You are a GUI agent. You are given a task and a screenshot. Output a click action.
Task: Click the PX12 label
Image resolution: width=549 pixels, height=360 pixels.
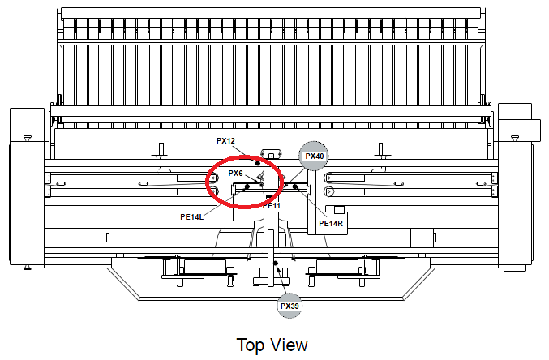(225, 141)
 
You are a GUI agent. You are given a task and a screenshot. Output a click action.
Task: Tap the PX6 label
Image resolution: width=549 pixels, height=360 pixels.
(236, 173)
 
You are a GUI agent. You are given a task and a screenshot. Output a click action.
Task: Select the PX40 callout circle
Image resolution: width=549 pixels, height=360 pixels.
(314, 156)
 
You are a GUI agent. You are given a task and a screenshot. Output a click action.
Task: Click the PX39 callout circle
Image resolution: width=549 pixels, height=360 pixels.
(290, 306)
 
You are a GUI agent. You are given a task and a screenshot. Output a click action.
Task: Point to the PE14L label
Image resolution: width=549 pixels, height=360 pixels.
(192, 216)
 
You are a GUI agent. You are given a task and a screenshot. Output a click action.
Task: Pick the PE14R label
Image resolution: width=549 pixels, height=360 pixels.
(331, 223)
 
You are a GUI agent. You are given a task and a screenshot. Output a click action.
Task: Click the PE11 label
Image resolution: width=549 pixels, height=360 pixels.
(272, 206)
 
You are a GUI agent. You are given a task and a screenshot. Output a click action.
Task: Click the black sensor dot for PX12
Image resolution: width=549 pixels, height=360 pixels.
(258, 163)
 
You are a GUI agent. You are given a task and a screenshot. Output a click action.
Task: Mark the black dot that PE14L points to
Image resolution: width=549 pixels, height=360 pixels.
(247, 186)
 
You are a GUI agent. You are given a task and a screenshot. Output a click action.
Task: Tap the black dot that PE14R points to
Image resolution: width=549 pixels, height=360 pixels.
(295, 186)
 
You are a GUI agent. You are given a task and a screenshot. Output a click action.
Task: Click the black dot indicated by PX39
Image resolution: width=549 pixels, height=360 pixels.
(276, 263)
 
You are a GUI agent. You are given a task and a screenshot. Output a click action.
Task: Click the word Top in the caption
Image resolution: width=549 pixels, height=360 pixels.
(250, 345)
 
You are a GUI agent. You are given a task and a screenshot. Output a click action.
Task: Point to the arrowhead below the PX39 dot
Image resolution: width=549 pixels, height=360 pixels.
(279, 270)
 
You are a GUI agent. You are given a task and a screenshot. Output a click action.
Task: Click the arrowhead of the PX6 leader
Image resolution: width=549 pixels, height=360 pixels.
(259, 181)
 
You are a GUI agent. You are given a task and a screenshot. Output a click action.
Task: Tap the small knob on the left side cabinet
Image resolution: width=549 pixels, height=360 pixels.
(28, 138)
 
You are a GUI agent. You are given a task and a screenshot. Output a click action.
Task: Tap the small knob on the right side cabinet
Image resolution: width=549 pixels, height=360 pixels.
(515, 138)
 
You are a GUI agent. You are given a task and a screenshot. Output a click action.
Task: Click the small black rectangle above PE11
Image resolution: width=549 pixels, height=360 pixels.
(269, 197)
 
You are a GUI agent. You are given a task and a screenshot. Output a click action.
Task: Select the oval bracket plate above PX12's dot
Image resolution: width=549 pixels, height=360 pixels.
(272, 153)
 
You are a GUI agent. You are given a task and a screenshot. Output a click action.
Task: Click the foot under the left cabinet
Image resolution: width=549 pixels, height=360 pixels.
(27, 268)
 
